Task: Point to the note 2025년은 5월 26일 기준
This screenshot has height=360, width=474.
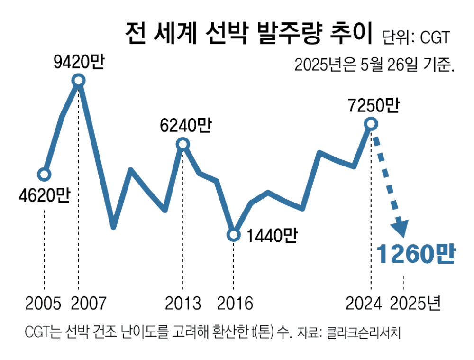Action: (x=374, y=65)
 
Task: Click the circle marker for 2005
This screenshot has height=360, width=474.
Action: (x=44, y=174)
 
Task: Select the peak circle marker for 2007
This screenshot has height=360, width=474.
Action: (x=79, y=81)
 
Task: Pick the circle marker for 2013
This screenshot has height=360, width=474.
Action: (x=183, y=144)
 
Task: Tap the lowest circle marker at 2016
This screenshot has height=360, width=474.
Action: (x=233, y=235)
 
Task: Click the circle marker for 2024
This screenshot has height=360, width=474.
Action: (x=371, y=124)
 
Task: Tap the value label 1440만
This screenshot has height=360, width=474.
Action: (x=272, y=235)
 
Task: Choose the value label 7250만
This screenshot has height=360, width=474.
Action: (x=372, y=105)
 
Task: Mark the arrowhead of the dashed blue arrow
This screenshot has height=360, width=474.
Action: (x=401, y=228)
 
